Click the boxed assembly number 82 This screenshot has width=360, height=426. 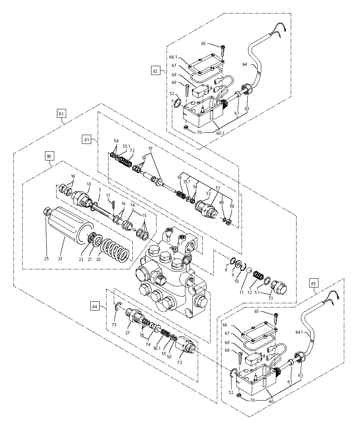(155, 71)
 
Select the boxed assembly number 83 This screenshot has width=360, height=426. (62, 114)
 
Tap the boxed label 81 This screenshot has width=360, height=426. (86, 140)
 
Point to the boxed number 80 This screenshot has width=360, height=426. (49, 156)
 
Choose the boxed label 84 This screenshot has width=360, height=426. (95, 307)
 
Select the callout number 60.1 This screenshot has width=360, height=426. (220, 133)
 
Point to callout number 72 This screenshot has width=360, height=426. (132, 150)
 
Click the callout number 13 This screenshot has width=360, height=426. (270, 297)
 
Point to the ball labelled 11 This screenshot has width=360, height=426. (248, 270)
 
